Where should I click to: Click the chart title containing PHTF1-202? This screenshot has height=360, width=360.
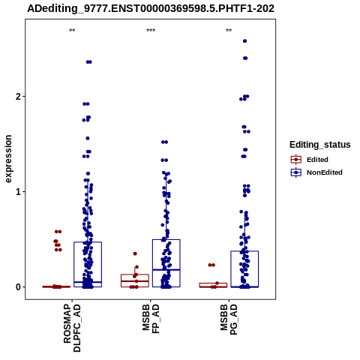[151, 8]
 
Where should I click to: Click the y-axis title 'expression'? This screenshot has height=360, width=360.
[8, 159]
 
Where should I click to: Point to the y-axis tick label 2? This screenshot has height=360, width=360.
[18, 97]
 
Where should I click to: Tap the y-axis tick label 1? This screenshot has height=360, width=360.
[18, 192]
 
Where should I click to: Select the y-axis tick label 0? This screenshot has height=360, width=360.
[18, 287]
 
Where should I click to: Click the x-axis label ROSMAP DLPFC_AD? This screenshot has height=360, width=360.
[72, 328]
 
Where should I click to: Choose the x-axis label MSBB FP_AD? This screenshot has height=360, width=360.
[151, 319]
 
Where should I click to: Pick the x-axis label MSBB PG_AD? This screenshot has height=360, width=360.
[229, 319]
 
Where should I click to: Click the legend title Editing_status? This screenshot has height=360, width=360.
[320, 145]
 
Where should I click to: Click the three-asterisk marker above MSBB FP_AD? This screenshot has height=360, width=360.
[151, 31]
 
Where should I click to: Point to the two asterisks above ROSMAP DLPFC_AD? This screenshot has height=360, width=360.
[72, 31]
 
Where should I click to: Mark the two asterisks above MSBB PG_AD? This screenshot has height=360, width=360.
[229, 31]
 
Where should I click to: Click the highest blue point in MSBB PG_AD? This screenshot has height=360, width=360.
[245, 41]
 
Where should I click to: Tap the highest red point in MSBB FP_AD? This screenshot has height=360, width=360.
[135, 253]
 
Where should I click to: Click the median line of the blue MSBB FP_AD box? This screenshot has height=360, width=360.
[166, 270]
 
